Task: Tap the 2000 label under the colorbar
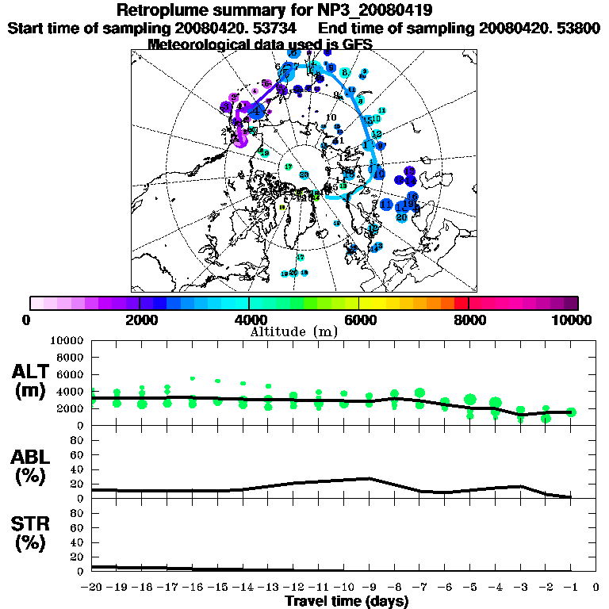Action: click(139, 320)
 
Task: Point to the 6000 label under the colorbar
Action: click(358, 320)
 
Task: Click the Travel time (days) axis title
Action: click(347, 601)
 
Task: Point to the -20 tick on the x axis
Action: click(93, 588)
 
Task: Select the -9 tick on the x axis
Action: click(370, 588)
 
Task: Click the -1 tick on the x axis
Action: click(571, 588)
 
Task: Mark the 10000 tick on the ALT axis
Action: click(67, 340)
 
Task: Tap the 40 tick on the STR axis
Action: click(79, 542)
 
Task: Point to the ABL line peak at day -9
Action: click(370, 478)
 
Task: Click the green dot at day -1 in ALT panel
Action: click(572, 412)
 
